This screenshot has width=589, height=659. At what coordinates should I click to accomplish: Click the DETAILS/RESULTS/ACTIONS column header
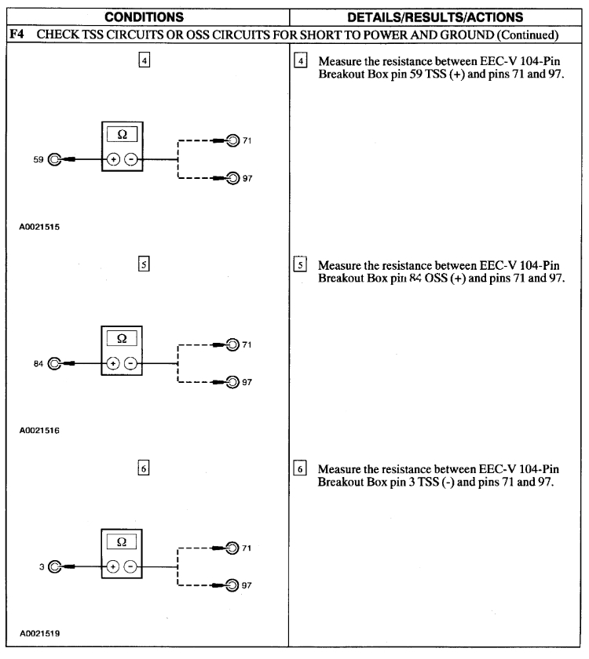[438, 16]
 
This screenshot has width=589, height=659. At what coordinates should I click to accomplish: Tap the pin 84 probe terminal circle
[54, 363]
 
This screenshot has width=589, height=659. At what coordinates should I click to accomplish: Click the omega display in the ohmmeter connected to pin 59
[121, 135]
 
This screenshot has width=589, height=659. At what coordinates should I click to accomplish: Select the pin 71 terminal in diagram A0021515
[234, 141]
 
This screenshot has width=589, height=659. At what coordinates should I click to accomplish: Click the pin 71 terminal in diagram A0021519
[234, 548]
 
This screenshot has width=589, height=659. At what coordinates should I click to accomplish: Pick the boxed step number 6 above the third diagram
[146, 467]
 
